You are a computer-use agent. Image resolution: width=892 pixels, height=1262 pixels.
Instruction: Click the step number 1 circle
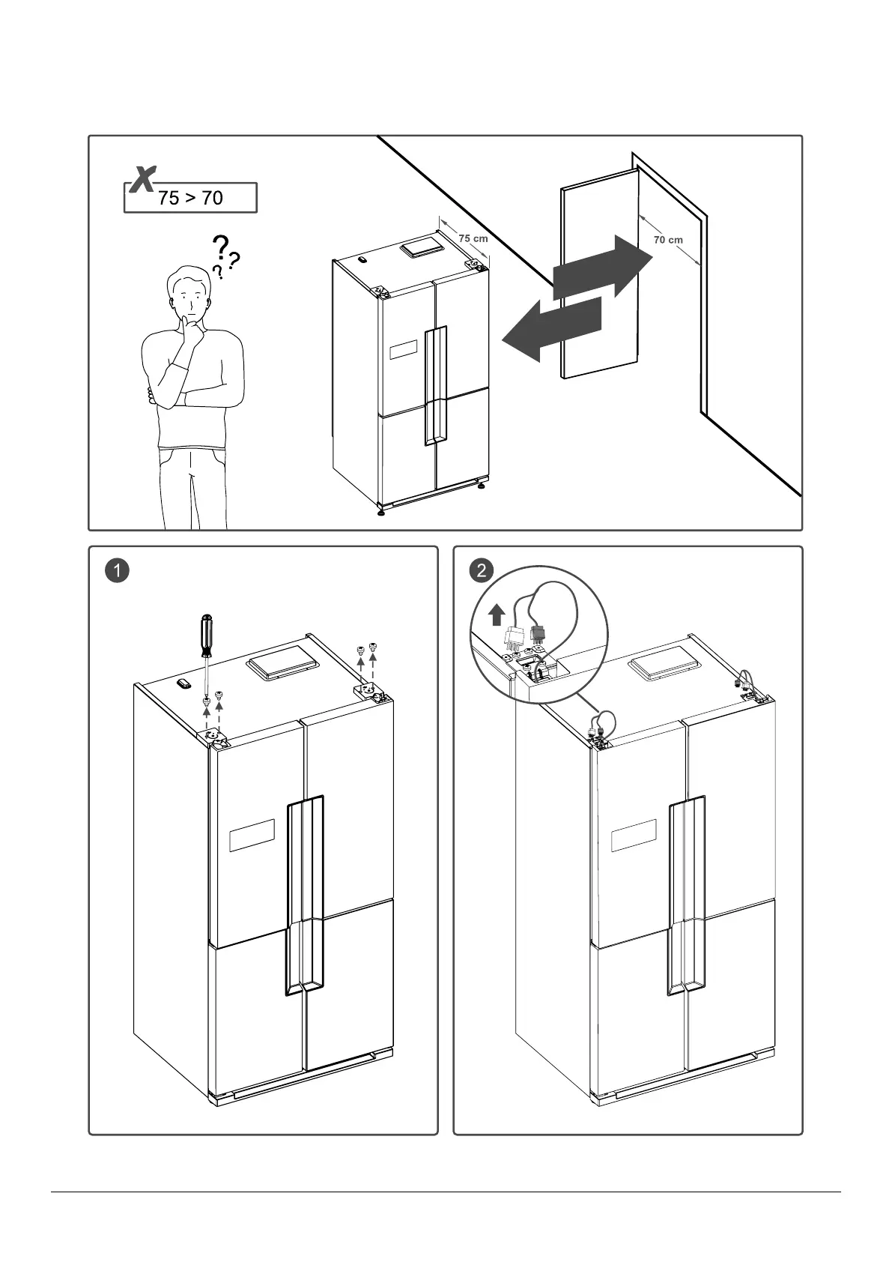click(118, 570)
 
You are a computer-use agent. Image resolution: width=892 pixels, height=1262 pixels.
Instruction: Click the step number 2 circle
click(482, 570)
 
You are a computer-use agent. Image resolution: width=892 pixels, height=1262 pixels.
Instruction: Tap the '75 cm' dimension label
click(473, 238)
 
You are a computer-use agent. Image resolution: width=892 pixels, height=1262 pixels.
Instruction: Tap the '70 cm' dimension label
click(668, 240)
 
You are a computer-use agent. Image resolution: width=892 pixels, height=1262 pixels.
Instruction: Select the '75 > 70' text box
click(190, 198)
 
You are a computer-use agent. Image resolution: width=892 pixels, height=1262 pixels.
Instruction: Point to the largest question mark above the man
click(220, 247)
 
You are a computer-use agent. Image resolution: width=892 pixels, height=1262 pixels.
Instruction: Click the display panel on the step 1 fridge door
click(252, 835)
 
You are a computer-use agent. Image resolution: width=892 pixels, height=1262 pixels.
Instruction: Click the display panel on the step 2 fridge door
click(634, 835)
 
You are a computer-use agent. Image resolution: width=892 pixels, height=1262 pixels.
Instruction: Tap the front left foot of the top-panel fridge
click(382, 512)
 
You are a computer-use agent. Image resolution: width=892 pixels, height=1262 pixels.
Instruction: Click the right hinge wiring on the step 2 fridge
click(744, 683)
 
